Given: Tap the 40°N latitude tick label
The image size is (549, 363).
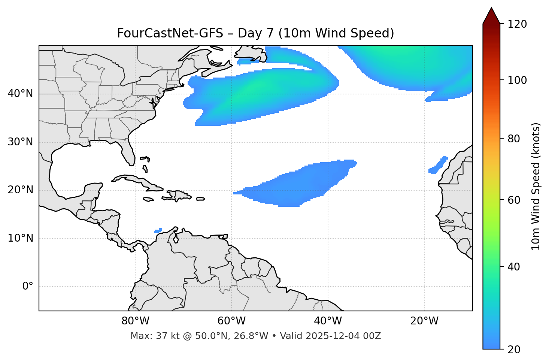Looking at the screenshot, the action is [20, 94].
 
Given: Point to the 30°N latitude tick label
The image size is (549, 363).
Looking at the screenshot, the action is [20, 142].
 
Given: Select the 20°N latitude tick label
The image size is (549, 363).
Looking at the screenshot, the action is [20, 190].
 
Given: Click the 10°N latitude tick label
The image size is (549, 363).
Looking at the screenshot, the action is [20, 238].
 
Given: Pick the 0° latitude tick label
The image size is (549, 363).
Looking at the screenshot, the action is [27, 287].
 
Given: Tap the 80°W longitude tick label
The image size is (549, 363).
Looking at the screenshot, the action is [135, 321].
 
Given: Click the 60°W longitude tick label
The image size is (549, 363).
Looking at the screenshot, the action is [231, 321].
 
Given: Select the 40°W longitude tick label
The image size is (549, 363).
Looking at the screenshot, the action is [328, 321].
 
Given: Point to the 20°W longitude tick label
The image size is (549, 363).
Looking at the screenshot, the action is [424, 321].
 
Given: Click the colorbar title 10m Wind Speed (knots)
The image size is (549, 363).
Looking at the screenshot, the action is [536, 186].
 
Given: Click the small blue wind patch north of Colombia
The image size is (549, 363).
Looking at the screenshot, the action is [158, 230].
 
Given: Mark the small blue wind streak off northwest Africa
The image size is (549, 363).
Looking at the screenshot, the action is [438, 166].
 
